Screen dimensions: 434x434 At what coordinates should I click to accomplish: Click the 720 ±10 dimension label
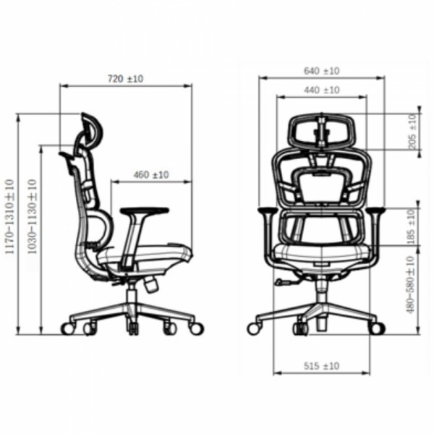point(125,79)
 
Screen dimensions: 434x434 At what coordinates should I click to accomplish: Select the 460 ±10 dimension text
point(151,175)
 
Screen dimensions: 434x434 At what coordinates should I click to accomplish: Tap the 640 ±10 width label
point(322,71)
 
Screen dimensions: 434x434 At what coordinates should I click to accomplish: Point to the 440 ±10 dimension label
point(322,90)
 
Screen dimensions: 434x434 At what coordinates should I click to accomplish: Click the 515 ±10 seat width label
point(322,366)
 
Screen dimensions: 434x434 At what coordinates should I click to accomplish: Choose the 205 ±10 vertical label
point(412,132)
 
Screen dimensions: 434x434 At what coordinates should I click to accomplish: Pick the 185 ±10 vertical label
point(412,226)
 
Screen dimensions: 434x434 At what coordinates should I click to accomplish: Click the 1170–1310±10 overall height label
point(9,216)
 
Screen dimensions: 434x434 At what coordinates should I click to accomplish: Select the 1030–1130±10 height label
point(32,216)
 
